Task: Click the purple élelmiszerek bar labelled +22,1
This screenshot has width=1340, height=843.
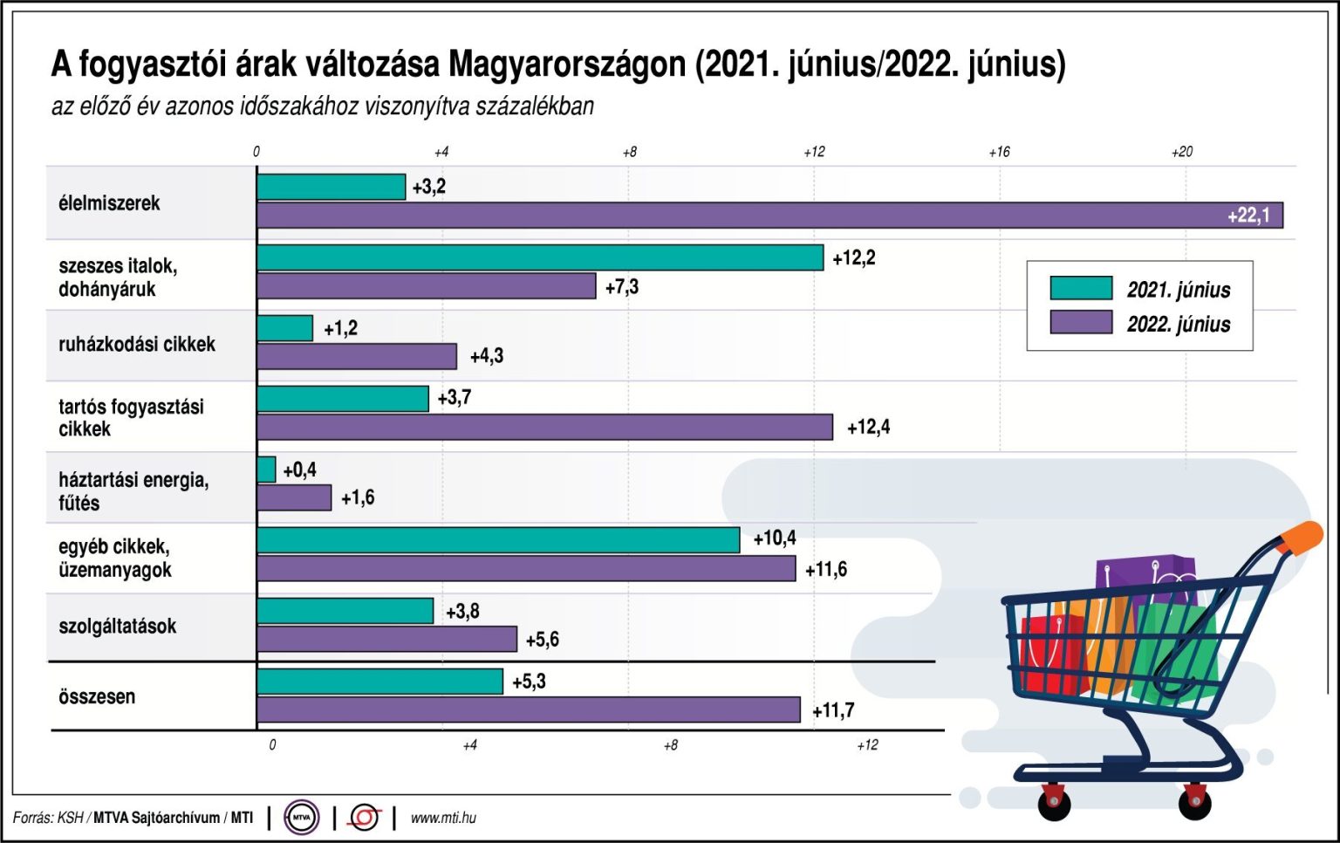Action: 768,216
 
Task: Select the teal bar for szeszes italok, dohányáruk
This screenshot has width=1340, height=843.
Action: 539,257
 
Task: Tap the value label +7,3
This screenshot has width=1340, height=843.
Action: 622,287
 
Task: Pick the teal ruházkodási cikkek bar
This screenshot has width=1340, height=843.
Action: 284,328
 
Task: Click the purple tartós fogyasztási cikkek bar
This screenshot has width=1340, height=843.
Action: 544,427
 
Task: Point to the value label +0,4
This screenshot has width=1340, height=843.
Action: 299,470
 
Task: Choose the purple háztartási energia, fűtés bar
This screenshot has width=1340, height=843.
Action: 294,497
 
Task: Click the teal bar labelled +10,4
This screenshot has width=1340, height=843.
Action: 497,540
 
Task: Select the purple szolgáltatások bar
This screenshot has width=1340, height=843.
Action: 386,639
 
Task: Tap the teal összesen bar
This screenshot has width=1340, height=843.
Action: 379,682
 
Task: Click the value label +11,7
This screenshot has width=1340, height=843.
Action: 833,711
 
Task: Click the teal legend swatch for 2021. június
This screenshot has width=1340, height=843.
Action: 1081,288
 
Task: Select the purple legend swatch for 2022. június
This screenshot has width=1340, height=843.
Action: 1081,322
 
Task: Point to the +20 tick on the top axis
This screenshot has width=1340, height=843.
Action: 1181,152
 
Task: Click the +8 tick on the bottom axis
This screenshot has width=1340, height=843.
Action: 670,745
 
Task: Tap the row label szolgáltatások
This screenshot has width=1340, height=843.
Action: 117,627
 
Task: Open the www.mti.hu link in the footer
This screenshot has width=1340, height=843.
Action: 443,818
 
